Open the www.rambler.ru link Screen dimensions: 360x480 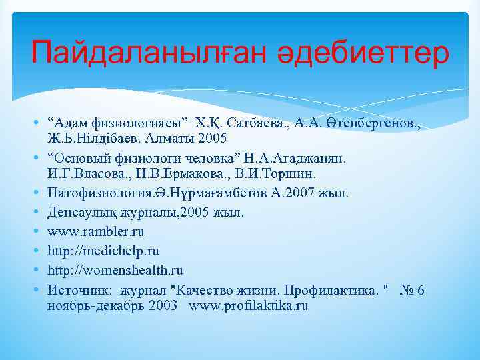tap(96, 232)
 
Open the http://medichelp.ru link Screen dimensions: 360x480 tap(103, 251)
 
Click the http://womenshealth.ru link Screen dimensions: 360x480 tap(115, 271)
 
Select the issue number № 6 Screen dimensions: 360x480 tap(413, 290)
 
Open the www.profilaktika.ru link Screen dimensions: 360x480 tap(249, 306)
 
